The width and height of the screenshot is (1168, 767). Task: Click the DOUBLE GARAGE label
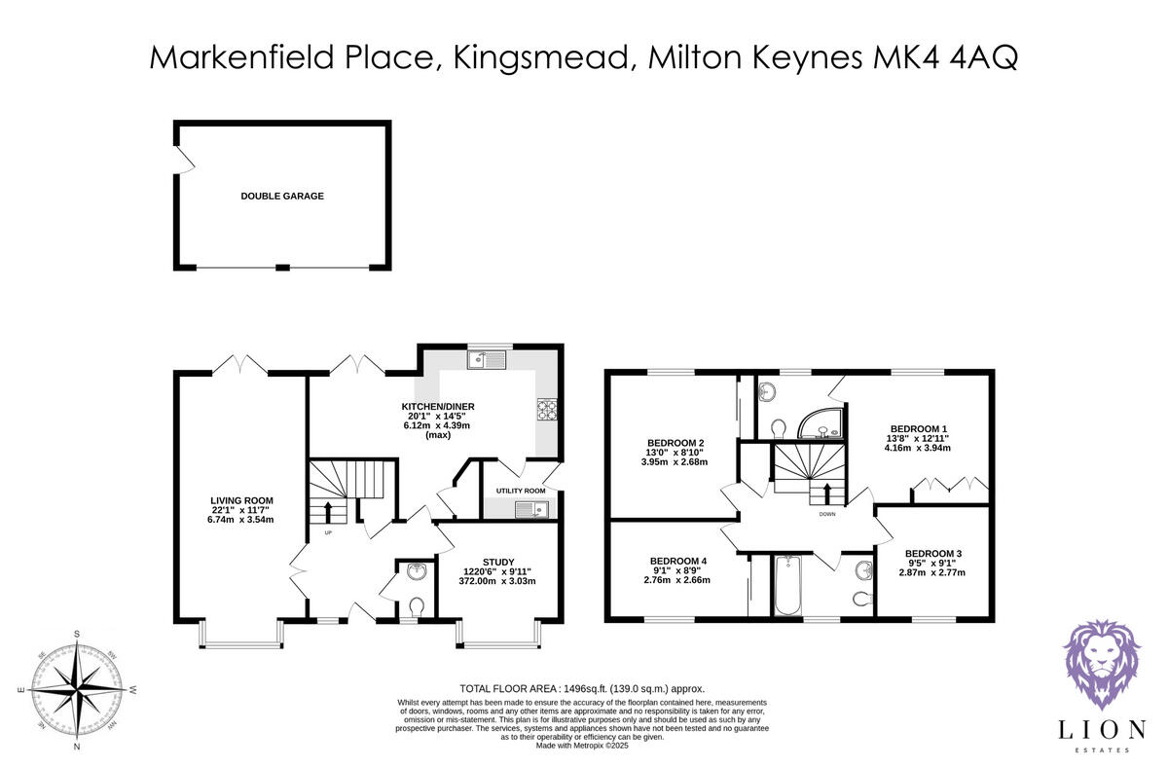(x=282, y=196)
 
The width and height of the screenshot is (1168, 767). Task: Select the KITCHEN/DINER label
(x=438, y=406)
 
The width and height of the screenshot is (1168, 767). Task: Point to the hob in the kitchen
(x=546, y=410)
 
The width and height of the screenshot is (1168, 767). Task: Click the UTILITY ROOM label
(x=521, y=491)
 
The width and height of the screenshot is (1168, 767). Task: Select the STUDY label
(x=497, y=562)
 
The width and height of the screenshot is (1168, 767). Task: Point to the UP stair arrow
(x=327, y=512)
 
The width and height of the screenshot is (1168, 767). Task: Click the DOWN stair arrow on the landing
(x=827, y=493)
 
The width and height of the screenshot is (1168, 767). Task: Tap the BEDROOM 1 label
(x=919, y=428)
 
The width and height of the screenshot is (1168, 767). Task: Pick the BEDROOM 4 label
(x=676, y=561)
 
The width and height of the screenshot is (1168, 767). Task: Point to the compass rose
(x=76, y=690)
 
